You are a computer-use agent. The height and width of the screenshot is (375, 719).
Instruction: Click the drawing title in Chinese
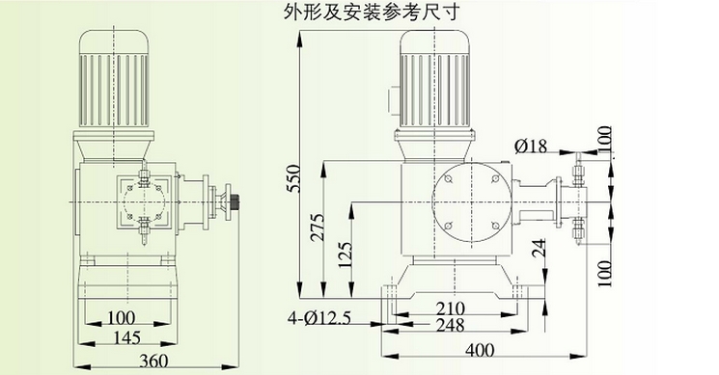tap(371, 13)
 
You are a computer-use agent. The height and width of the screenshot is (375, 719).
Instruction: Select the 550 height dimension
tap(292, 178)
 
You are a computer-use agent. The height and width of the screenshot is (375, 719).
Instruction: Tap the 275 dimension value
tap(317, 228)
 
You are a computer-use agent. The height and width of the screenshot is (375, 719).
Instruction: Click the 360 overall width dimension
tap(153, 361)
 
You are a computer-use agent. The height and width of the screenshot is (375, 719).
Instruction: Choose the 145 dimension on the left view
tap(126, 338)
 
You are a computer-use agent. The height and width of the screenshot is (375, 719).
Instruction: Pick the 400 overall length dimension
tap(480, 350)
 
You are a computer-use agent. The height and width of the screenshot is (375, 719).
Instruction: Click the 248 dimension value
tap(451, 325)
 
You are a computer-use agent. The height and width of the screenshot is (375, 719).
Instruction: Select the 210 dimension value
tap(451, 308)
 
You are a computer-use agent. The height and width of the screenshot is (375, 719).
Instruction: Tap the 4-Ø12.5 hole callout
tap(319, 318)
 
